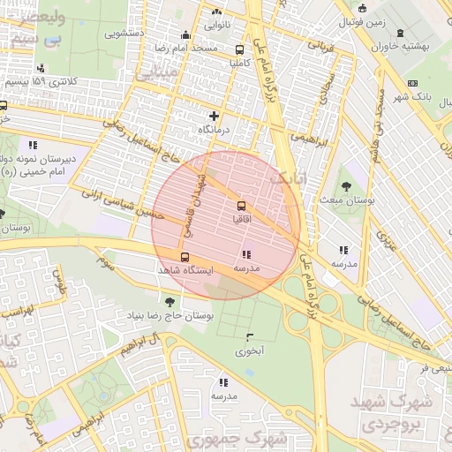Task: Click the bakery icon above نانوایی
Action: coord(217,12)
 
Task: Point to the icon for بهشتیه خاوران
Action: coord(403,33)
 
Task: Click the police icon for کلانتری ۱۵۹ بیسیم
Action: coord(41,69)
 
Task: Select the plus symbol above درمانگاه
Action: coord(212,116)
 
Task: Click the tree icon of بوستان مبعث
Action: coord(345,185)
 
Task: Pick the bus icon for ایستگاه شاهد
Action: coord(185,256)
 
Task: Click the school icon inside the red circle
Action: coord(245,254)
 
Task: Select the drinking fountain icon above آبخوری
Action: coord(249,337)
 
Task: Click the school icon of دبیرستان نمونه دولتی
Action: coord(33,144)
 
